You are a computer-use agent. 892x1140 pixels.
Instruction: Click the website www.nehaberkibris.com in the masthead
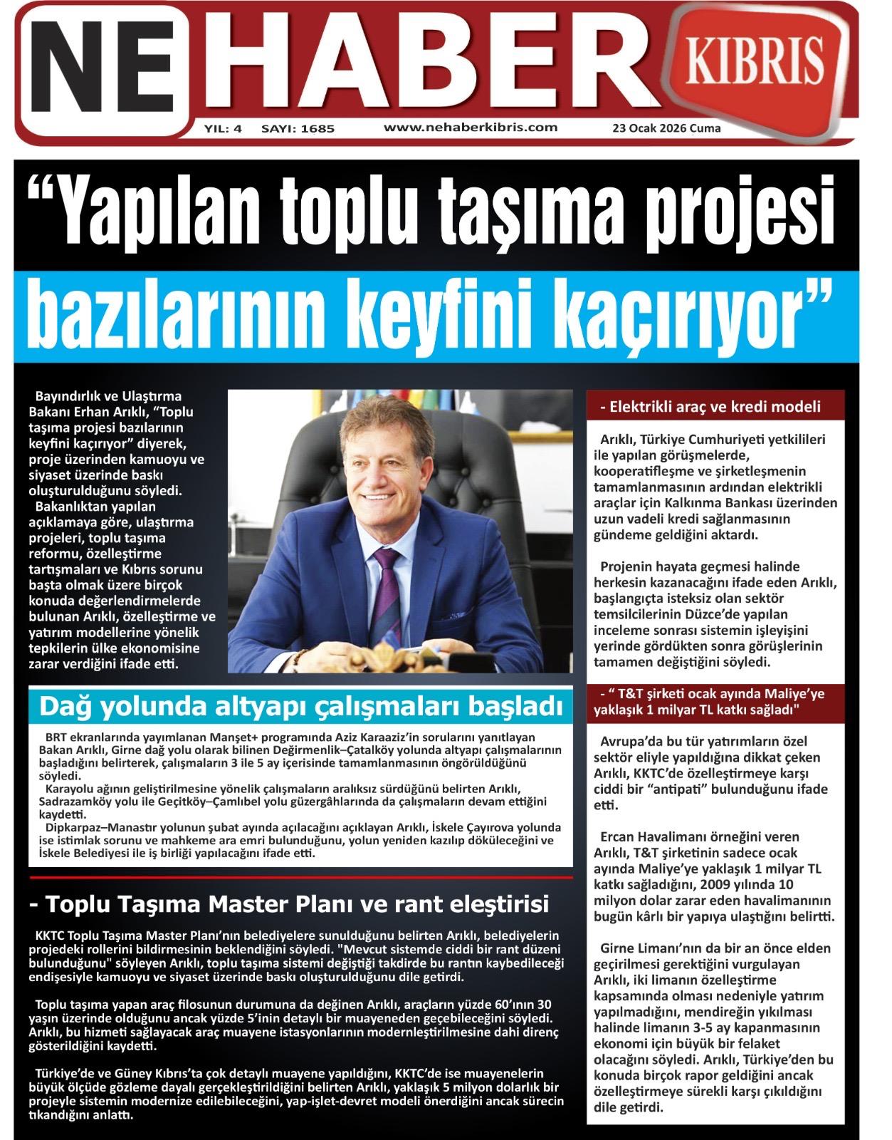[470, 128]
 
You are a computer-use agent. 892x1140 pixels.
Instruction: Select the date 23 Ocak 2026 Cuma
[666, 129]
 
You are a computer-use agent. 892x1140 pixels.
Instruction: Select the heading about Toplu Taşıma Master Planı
[288, 904]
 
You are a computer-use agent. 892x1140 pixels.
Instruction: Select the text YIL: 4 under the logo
[223, 129]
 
